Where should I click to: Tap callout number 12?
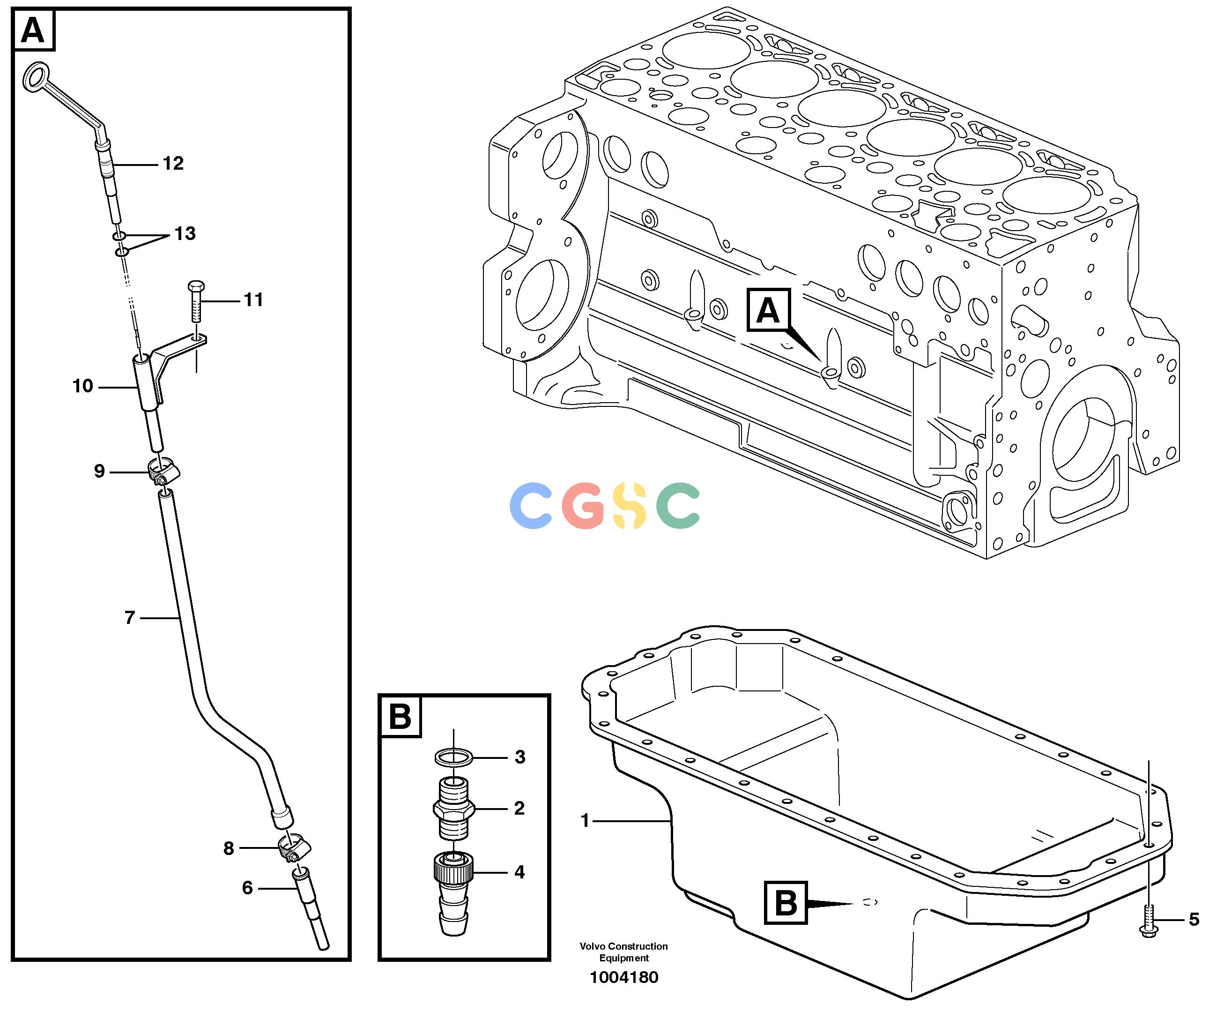pyautogui.click(x=173, y=163)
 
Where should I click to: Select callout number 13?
pyautogui.click(x=185, y=233)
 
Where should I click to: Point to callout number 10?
pyautogui.click(x=83, y=386)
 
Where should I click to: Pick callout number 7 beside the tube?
pyautogui.click(x=130, y=618)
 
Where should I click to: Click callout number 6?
pyautogui.click(x=247, y=888)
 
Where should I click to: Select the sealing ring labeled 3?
pyautogui.click(x=453, y=757)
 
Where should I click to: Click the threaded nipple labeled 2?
pyautogui.click(x=453, y=808)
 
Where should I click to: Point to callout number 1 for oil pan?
pyautogui.click(x=585, y=820)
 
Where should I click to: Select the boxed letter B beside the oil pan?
pyautogui.click(x=785, y=903)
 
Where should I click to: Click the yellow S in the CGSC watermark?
pyautogui.click(x=630, y=506)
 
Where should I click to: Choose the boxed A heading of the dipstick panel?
pyautogui.click(x=33, y=30)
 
